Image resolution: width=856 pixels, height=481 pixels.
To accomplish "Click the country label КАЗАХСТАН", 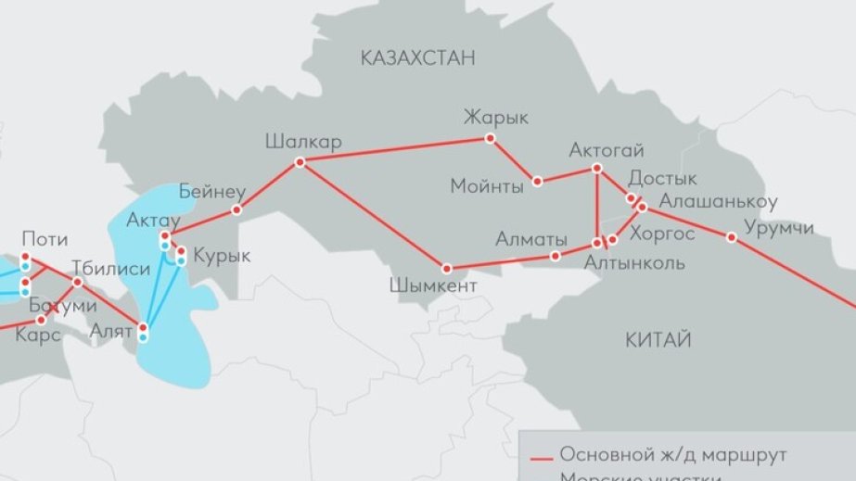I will pyautogui.click(x=416, y=58).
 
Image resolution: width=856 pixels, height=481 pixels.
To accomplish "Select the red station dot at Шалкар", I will pyautogui.click(x=300, y=162).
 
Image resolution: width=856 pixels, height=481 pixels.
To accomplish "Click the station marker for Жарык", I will pyautogui.click(x=491, y=139).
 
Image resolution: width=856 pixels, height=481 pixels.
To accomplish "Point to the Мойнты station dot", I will pyautogui.click(x=537, y=181).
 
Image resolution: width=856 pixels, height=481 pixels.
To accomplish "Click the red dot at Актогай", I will pyautogui.click(x=596, y=168).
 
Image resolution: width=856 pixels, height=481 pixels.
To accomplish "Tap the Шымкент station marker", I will pyautogui.click(x=446, y=266).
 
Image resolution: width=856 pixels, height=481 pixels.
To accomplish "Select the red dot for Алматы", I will pyautogui.click(x=556, y=256).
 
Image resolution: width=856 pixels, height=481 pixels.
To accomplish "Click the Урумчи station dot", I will pyautogui.click(x=732, y=237).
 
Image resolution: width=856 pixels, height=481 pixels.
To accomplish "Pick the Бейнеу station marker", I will pyautogui.click(x=236, y=209).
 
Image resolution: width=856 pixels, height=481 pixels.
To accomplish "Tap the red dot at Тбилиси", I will pyautogui.click(x=78, y=282).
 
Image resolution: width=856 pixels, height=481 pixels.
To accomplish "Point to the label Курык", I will pyautogui.click(x=216, y=256).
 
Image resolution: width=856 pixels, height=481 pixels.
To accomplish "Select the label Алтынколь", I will pyautogui.click(x=634, y=263).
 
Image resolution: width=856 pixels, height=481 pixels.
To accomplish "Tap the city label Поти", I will pyautogui.click(x=44, y=239).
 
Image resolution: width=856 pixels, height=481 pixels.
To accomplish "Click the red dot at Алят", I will pyautogui.click(x=143, y=326).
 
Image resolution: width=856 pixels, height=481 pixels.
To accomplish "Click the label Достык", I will pyautogui.click(x=662, y=178).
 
